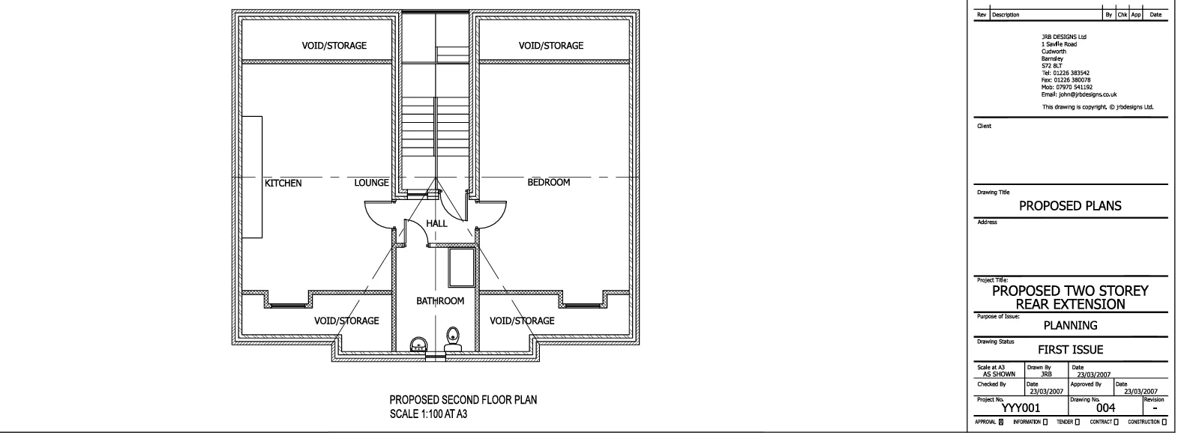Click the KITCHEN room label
click(283, 183)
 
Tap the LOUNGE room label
click(371, 182)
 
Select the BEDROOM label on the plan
click(548, 182)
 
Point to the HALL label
click(436, 223)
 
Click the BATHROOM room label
click(440, 300)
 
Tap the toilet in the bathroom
click(453, 339)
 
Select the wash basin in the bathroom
click(418, 344)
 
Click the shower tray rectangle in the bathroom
click(461, 267)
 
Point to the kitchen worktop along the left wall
click(252, 177)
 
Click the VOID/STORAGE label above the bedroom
click(551, 46)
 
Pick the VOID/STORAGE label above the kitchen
click(334, 46)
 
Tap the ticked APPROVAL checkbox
click(1001, 422)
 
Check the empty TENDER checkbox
click(1077, 422)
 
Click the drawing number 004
click(1106, 408)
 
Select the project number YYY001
click(1021, 408)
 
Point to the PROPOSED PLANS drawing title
click(1070, 206)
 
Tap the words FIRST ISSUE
click(1070, 349)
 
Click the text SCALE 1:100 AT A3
click(428, 414)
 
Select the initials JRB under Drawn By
click(1046, 374)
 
